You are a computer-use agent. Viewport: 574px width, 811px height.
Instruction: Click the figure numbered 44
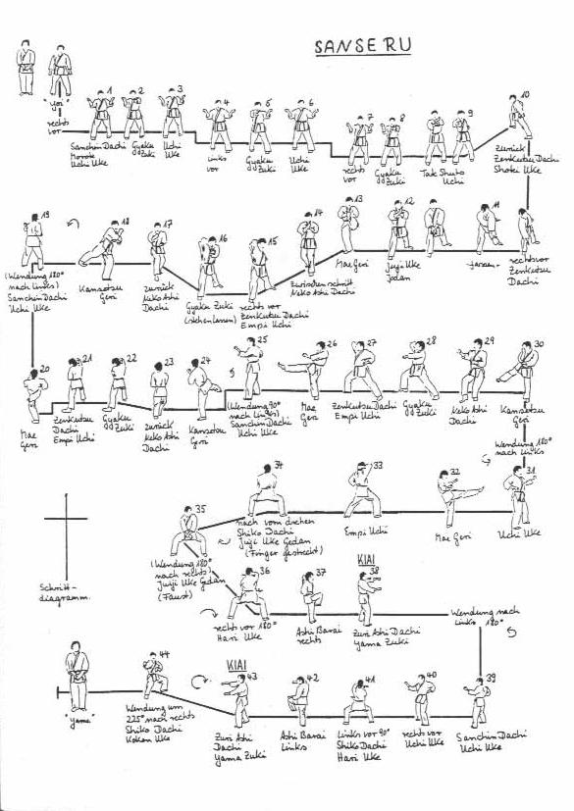[153, 676]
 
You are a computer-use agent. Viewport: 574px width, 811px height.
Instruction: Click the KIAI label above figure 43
[236, 665]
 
